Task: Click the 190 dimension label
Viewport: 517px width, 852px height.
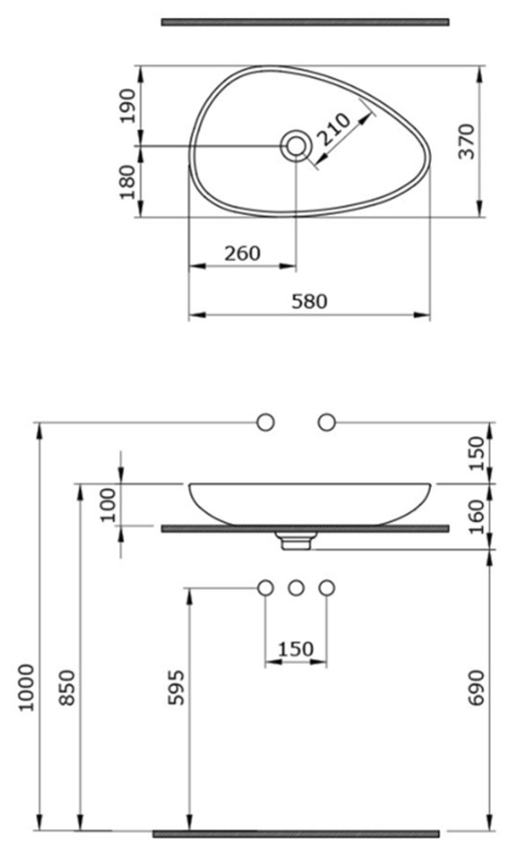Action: (127, 106)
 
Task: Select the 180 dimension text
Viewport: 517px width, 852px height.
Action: (127, 182)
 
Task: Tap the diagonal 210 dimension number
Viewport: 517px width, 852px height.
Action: (333, 128)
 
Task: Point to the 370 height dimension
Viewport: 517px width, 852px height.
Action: (467, 142)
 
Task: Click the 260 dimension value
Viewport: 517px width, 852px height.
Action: (242, 253)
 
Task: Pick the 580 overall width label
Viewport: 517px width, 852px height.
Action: (310, 301)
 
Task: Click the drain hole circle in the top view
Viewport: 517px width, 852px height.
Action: (295, 145)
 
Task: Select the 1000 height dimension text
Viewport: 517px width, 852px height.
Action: (25, 687)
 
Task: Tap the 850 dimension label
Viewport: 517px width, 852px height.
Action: (66, 688)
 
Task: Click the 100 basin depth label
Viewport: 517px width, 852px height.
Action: (109, 505)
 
